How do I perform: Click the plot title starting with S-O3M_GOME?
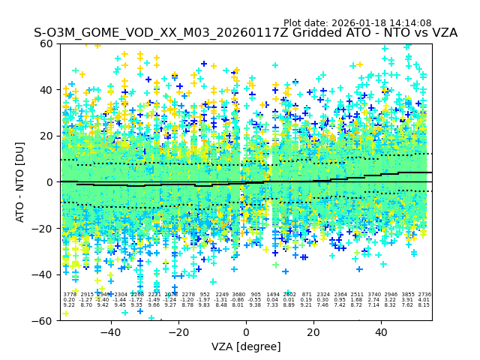[x=245, y=33]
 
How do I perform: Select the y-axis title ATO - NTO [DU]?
[x=21, y=181]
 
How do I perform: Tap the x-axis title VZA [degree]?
[x=246, y=346]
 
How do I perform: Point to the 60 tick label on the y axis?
[x=47, y=43]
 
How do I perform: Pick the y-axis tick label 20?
[x=47, y=136]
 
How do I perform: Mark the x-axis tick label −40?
[x=110, y=331]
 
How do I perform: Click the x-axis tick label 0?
[x=246, y=331]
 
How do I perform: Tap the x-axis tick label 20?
[x=313, y=331]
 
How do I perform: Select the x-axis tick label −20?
[x=178, y=331]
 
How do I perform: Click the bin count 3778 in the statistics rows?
[x=69, y=295]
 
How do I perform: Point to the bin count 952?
[x=205, y=295]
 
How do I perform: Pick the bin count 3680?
[x=238, y=295]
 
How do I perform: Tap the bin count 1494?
[x=272, y=295]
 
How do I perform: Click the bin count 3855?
[x=407, y=295]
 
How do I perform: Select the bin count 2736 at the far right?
[x=424, y=295]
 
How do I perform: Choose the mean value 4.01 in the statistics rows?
[x=424, y=300]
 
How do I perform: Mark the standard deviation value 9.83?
[x=205, y=305]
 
